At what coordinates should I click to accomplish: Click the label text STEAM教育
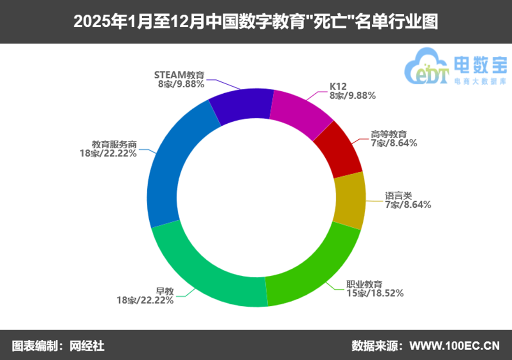(179, 76)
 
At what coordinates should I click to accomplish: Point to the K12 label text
(338, 87)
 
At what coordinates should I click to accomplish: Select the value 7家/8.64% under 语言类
(408, 204)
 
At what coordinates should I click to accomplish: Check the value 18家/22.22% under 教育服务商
(108, 153)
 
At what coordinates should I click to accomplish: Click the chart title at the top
(255, 22)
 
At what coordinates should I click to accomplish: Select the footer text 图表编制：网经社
(58, 346)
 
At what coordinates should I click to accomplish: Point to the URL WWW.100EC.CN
(454, 346)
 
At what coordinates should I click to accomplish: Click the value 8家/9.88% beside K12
(352, 96)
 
